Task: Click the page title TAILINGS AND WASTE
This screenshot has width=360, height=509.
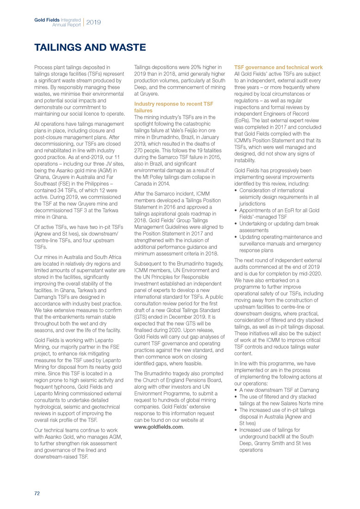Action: (90, 47)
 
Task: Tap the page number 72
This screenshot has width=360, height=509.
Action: (37, 493)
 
